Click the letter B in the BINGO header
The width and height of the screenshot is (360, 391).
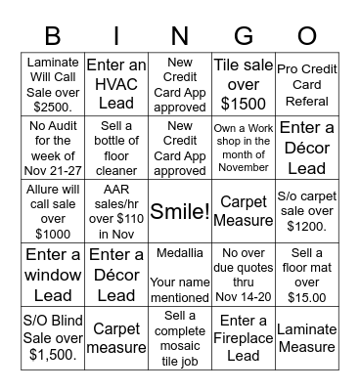click(x=54, y=37)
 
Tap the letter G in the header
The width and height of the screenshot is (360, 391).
click(x=244, y=37)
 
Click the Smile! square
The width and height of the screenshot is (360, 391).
click(x=180, y=211)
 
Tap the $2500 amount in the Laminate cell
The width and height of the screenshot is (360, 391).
click(x=54, y=105)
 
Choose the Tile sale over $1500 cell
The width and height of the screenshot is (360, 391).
click(x=244, y=84)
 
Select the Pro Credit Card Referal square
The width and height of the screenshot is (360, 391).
click(x=307, y=84)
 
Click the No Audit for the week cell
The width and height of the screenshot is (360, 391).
click(x=54, y=148)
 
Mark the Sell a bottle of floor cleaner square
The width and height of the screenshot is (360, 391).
click(x=116, y=148)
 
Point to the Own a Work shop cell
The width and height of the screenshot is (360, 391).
click(x=244, y=148)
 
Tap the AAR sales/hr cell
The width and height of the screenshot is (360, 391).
click(x=116, y=211)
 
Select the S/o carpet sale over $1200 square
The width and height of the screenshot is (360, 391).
click(x=307, y=211)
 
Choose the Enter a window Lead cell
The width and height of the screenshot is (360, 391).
click(x=54, y=275)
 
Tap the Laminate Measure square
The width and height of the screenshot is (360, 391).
click(x=307, y=337)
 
